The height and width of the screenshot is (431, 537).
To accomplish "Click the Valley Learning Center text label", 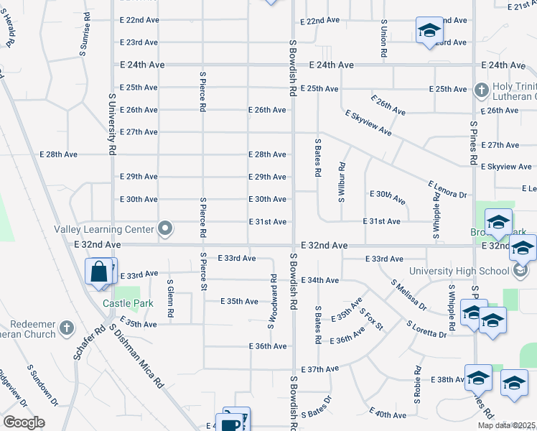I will [104, 229].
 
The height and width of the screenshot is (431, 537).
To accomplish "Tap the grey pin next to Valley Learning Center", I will [165, 229].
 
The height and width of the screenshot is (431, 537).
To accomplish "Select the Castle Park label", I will [128, 304].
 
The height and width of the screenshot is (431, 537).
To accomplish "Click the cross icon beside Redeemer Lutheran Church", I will [67, 328].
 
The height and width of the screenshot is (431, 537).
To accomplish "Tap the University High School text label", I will [460, 271].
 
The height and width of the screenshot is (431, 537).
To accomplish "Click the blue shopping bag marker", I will [98, 273].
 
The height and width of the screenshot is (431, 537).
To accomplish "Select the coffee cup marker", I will [231, 423].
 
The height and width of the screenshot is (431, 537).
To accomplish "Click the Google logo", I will [24, 422].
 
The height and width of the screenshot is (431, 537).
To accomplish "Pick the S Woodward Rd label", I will [273, 301].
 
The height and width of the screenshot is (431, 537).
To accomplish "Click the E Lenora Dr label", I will [447, 190].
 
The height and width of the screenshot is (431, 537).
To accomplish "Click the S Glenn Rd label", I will [170, 299].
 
